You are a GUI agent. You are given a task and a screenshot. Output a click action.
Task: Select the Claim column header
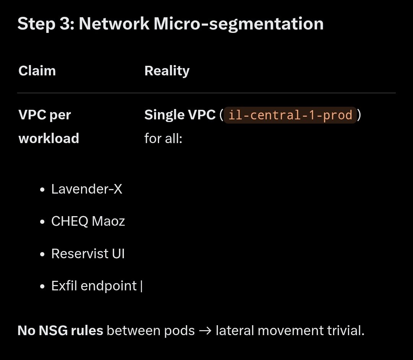(x=37, y=71)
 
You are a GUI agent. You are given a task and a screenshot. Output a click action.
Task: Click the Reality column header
(x=167, y=71)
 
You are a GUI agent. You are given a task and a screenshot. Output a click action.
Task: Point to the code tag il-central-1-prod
(x=290, y=115)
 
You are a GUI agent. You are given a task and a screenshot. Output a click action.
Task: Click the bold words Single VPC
(x=180, y=115)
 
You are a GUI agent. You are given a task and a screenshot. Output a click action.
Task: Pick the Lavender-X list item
(x=87, y=189)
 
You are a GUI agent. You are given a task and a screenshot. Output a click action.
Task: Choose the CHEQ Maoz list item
(x=88, y=221)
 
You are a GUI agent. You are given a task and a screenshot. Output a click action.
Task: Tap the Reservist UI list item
(x=88, y=254)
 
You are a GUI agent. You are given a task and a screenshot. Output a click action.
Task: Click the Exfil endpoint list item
(x=94, y=286)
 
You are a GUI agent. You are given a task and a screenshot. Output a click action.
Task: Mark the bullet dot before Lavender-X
(x=43, y=190)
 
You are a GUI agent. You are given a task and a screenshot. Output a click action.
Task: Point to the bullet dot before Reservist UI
(x=43, y=254)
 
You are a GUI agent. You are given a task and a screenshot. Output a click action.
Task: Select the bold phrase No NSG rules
(x=60, y=331)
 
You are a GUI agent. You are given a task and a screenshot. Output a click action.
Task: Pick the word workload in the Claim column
(x=49, y=138)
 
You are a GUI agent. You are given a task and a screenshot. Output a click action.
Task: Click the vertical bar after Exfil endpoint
(x=141, y=286)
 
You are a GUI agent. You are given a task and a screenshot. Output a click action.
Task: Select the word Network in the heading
(x=114, y=24)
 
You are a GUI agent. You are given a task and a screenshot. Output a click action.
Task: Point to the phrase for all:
(x=163, y=138)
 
